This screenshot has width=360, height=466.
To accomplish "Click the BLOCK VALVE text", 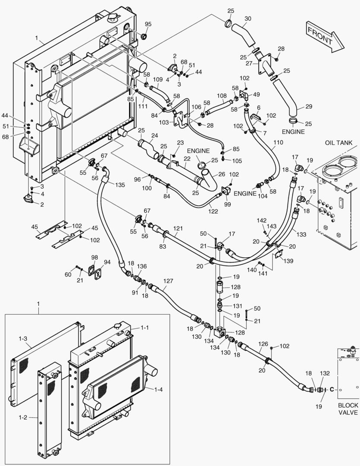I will click(347, 409).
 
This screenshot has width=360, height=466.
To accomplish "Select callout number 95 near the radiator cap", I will click(148, 24).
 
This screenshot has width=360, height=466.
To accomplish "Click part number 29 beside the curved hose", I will click(310, 107).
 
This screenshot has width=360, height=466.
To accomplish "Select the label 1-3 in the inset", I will click(23, 339).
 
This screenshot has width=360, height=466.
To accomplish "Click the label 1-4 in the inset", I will click(159, 389).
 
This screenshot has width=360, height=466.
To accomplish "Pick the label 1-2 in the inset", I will click(23, 418).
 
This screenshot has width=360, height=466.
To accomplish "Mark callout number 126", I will click(263, 344).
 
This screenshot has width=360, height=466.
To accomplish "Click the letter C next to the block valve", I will click(332, 389).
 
